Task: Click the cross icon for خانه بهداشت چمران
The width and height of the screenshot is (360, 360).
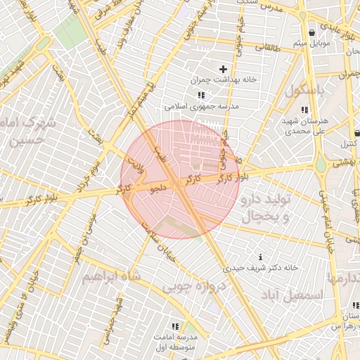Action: pyautogui.click(x=224, y=69)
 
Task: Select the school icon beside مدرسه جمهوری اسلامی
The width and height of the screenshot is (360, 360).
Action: pyautogui.click(x=201, y=95)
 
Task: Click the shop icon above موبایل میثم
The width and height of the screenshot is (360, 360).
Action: pyautogui.click(x=311, y=33)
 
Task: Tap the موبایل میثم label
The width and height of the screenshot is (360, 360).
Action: pyautogui.click(x=311, y=44)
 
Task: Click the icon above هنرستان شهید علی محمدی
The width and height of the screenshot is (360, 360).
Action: pyautogui.click(x=304, y=110)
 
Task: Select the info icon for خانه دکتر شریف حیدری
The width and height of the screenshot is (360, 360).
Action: pyautogui.click(x=262, y=257)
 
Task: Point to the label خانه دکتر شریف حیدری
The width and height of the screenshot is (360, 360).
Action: pyautogui.click(x=261, y=268)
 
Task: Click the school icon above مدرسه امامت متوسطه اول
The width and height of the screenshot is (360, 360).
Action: pyautogui.click(x=175, y=327)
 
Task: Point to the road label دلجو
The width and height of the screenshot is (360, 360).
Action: pyautogui.click(x=159, y=188)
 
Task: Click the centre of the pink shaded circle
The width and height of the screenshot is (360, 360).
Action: pyautogui.click(x=180, y=179)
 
